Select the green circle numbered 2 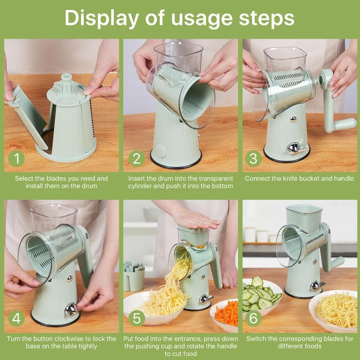tap(136, 158)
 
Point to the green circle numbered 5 tap(136, 319)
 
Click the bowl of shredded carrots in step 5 tap(225, 314)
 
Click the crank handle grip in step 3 tap(345, 124)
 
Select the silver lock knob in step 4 tap(71, 310)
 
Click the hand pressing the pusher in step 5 tap(195, 219)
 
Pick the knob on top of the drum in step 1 tap(67, 79)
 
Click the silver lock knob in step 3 tap(293, 148)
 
